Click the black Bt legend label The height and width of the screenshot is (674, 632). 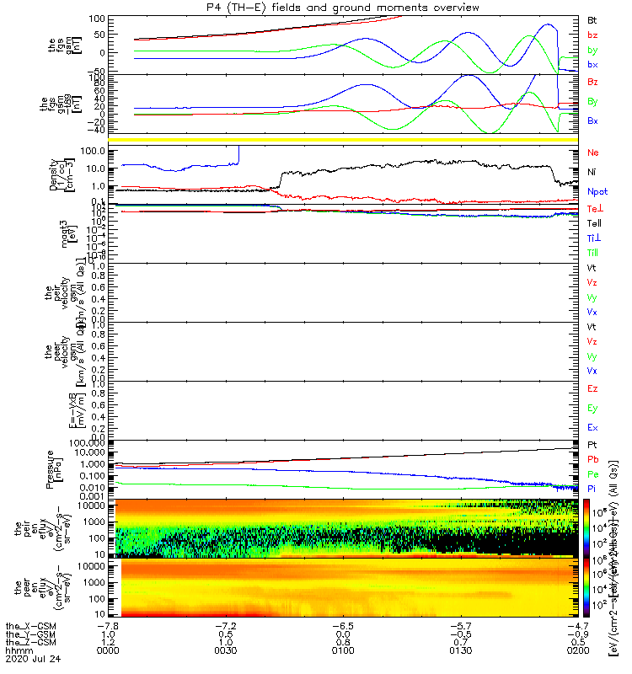pyautogui.click(x=592, y=19)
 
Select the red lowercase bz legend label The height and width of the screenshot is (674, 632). pyautogui.click(x=592, y=35)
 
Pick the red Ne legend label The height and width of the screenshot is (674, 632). pyautogui.click(x=593, y=152)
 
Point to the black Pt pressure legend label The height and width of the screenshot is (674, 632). pyautogui.click(x=592, y=444)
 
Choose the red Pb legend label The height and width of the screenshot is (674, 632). pyautogui.click(x=592, y=459)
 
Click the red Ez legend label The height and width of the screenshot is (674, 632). pyautogui.click(x=592, y=388)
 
